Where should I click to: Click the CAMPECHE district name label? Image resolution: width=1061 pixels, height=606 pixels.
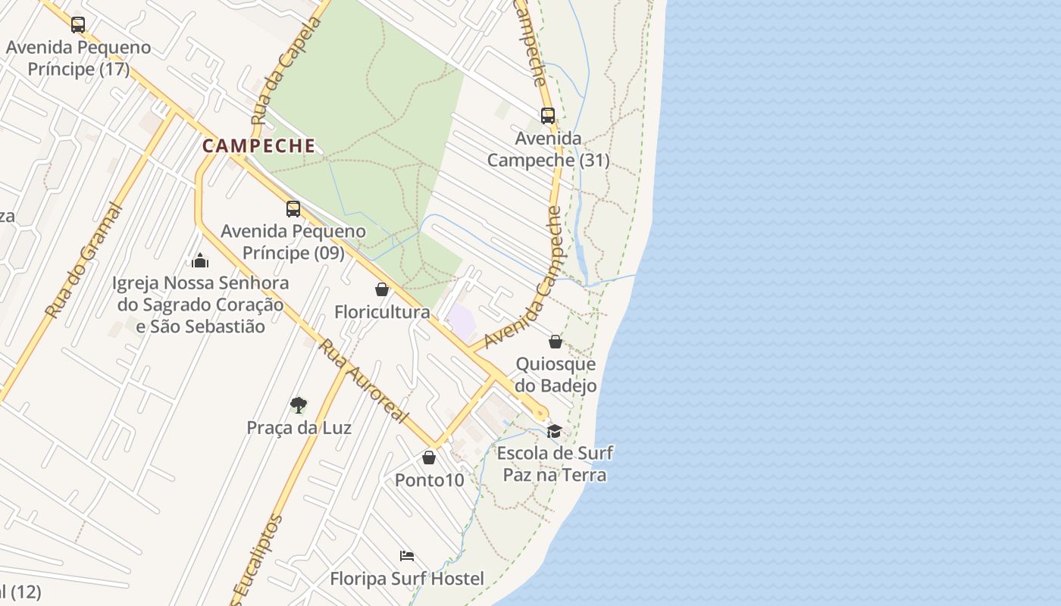(x=258, y=145)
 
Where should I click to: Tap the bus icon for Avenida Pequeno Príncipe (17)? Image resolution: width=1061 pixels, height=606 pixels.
(x=78, y=25)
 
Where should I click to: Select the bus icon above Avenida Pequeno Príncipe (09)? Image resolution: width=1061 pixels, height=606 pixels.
(x=293, y=209)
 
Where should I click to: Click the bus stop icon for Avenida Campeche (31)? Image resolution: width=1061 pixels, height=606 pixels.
(x=548, y=116)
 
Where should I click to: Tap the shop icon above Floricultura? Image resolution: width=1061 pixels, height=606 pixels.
(x=382, y=289)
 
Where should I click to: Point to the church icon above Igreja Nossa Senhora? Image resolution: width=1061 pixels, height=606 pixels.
(x=200, y=261)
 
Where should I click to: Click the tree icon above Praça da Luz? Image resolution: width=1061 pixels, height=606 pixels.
(x=299, y=405)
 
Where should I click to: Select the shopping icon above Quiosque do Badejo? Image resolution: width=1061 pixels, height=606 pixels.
(x=556, y=342)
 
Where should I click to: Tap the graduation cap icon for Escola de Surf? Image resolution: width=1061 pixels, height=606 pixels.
(x=555, y=431)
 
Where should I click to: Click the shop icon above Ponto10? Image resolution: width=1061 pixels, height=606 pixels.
(x=429, y=458)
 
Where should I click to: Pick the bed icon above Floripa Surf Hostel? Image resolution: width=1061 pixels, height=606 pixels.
(x=407, y=556)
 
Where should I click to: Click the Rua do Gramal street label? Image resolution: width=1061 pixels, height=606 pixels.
(x=84, y=260)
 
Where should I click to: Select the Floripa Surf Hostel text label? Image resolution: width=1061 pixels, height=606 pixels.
(x=407, y=579)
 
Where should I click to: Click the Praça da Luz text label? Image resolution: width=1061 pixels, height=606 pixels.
(x=299, y=428)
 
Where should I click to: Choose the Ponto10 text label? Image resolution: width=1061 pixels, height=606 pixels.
(x=429, y=480)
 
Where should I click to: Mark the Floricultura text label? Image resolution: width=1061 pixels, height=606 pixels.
(x=382, y=312)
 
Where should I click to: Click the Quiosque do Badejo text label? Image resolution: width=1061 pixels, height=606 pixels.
(x=556, y=375)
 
